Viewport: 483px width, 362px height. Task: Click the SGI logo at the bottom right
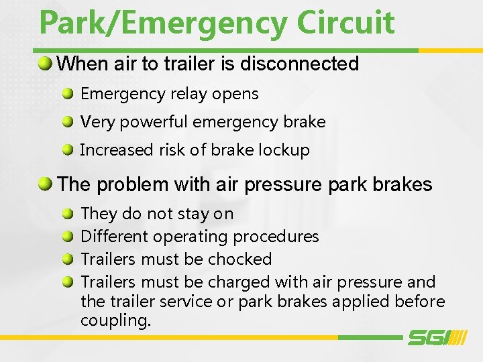coord(437,337)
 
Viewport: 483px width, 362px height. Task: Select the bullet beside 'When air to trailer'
coord(45,64)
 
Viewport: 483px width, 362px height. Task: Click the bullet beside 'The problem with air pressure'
coord(45,184)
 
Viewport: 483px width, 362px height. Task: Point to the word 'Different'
coord(111,237)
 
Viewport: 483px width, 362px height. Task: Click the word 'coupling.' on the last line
coord(115,321)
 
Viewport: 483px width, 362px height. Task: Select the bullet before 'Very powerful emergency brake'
coord(68,121)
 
